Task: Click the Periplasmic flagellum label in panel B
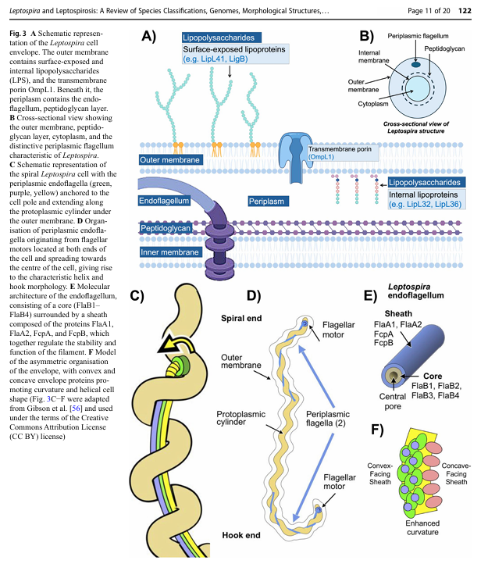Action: click(x=424, y=36)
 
